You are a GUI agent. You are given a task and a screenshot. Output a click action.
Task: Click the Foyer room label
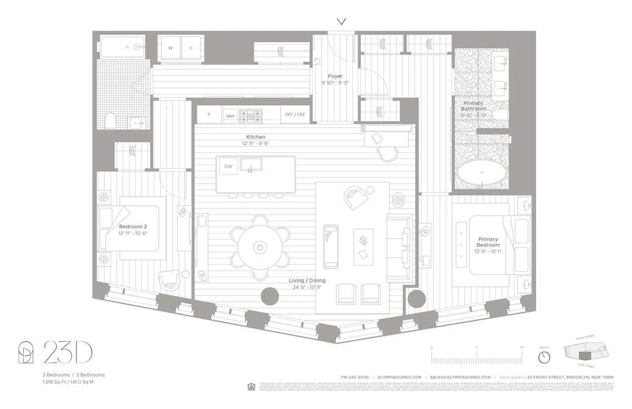click(335, 76)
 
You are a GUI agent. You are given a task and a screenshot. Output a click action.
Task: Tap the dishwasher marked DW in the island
click(228, 167)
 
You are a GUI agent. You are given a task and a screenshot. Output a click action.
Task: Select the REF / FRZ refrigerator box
click(295, 114)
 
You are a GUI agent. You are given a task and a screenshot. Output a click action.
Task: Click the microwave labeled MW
click(230, 115)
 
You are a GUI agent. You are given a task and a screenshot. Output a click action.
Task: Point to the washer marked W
click(170, 48)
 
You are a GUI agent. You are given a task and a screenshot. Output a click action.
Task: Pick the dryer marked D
click(191, 48)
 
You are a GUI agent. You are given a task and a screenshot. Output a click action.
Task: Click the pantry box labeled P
click(209, 114)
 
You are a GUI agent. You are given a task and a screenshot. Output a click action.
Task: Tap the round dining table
click(259, 247)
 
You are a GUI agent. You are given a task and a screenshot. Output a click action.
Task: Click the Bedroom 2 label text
click(129, 226)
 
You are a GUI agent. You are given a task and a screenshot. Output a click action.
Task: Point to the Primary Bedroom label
click(488, 242)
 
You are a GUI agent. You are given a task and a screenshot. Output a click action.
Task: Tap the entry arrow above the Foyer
click(342, 22)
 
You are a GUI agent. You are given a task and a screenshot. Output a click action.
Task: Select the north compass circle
click(544, 357)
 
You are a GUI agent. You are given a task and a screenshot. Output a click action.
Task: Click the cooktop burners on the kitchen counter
click(250, 114)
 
